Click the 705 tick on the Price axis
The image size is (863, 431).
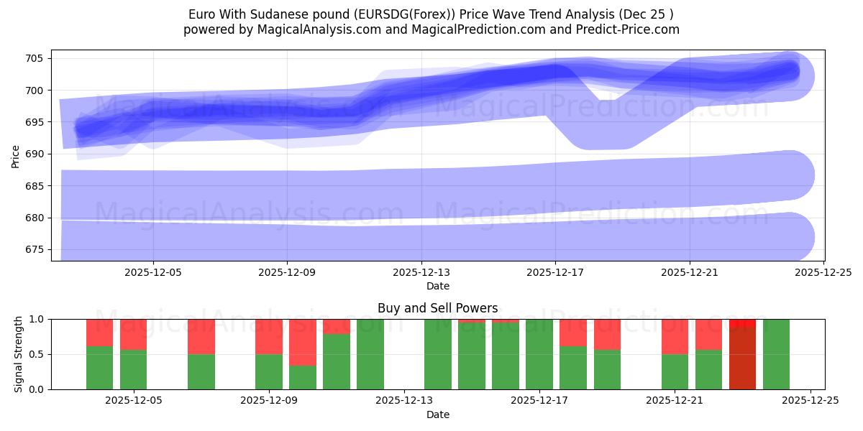pyautogui.click(x=36, y=58)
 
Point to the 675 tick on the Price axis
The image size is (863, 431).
pyautogui.click(x=36, y=249)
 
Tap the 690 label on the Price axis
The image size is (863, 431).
pyautogui.click(x=36, y=154)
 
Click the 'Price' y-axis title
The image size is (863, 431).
pyautogui.click(x=16, y=155)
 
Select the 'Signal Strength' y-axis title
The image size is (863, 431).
pyautogui.click(x=19, y=354)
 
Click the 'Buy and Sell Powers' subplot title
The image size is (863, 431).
pyautogui.click(x=437, y=308)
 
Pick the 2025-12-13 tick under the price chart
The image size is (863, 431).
pyautogui.click(x=421, y=272)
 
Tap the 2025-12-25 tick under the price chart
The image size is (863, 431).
pyautogui.click(x=823, y=272)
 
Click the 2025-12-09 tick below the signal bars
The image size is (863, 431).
pyautogui.click(x=268, y=401)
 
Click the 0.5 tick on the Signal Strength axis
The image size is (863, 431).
pyautogui.click(x=36, y=354)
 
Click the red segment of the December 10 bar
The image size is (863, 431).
pyautogui.click(x=302, y=342)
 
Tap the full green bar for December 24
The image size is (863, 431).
pyautogui.click(x=777, y=354)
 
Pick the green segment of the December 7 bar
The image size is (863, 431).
pyautogui.click(x=201, y=371)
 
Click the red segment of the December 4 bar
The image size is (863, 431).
pyautogui.click(x=99, y=332)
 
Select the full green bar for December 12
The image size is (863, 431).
pyautogui.click(x=370, y=354)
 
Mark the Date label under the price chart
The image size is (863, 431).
pyautogui.click(x=437, y=286)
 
